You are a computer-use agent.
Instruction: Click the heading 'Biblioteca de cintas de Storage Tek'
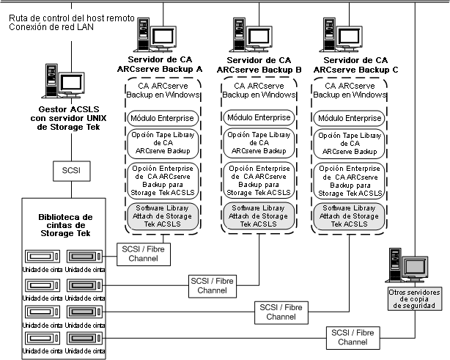pyautogui.click(x=66, y=226)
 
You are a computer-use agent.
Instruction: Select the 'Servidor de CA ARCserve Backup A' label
pyautogui.click(x=159, y=65)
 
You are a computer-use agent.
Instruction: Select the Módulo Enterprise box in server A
pyautogui.click(x=159, y=117)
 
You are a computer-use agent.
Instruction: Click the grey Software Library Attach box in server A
pyautogui.click(x=159, y=217)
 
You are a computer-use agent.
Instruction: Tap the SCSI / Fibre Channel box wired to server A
pyautogui.click(x=141, y=253)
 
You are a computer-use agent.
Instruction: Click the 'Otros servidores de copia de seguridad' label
pyautogui.click(x=416, y=300)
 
